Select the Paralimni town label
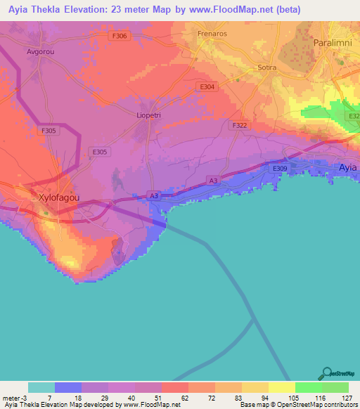[x=332, y=43]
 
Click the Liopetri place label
[x=148, y=115]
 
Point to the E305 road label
[x=99, y=150]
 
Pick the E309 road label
[x=280, y=169]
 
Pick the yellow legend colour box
[x=281, y=387]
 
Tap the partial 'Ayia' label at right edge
[x=348, y=168]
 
